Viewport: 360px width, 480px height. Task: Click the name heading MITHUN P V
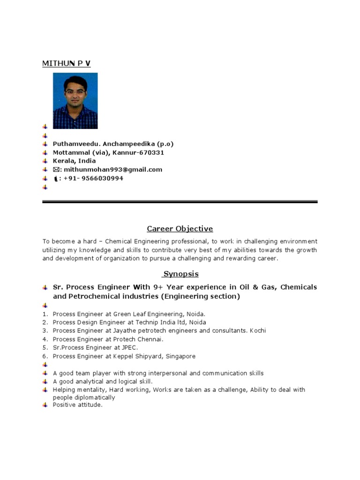point(67,63)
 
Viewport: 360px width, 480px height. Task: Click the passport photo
point(75,101)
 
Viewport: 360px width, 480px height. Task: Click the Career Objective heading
point(180,229)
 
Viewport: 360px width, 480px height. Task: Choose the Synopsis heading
point(180,274)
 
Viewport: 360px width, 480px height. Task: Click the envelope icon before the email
point(56,170)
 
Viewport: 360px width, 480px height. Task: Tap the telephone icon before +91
point(56,179)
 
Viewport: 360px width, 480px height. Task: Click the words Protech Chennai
point(135,339)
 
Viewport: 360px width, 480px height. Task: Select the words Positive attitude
point(77,405)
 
